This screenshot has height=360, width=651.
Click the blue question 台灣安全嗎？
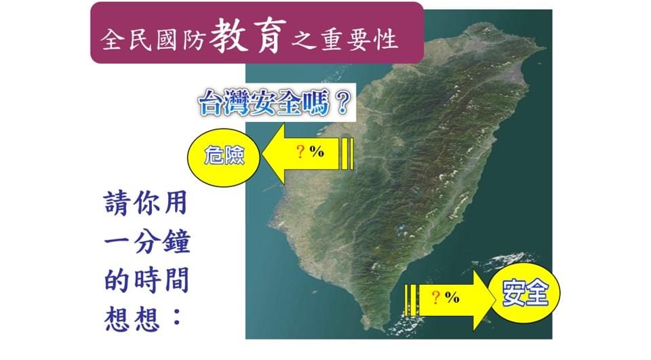click(x=273, y=104)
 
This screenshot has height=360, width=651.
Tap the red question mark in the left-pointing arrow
click(x=300, y=152)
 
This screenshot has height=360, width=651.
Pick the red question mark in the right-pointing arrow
click(x=436, y=296)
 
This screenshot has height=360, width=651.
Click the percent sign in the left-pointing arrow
click(x=316, y=152)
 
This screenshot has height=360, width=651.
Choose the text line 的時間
click(x=146, y=279)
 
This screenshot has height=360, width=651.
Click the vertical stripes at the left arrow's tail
click(x=347, y=153)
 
